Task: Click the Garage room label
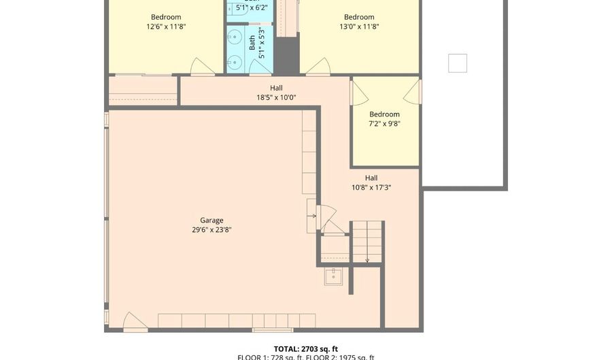click(x=211, y=220)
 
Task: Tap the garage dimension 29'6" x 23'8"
click(x=211, y=229)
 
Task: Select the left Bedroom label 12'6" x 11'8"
click(x=165, y=22)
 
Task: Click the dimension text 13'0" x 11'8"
click(x=359, y=27)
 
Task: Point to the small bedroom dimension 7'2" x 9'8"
click(x=384, y=124)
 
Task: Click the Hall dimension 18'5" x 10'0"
click(x=276, y=97)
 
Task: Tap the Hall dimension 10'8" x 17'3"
click(x=371, y=187)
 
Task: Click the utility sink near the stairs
click(x=333, y=276)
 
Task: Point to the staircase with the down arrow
click(x=367, y=242)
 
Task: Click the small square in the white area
click(x=457, y=63)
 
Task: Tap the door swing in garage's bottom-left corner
click(x=135, y=322)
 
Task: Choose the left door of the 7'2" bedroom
click(x=355, y=92)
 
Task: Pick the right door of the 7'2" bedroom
click(x=414, y=92)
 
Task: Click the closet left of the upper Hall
click(x=143, y=91)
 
